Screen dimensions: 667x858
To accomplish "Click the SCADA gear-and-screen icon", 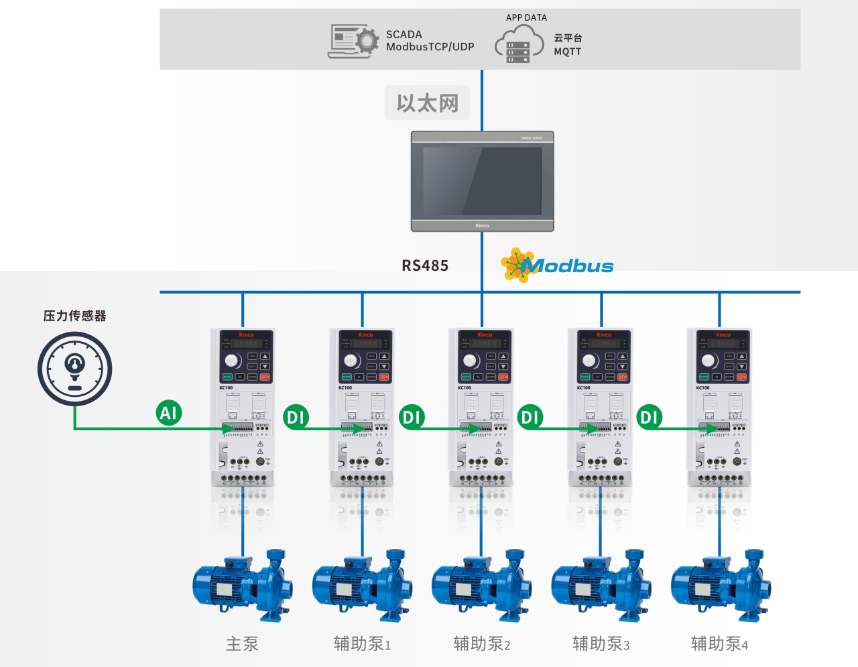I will pos(353,41).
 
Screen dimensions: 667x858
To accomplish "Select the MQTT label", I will pos(567,52).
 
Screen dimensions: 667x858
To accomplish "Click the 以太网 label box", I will pos(427,103).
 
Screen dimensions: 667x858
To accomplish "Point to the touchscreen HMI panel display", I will pos(483,181).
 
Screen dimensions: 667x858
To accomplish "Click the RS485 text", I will pos(425,265).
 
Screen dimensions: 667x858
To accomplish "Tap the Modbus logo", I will pos(558,265).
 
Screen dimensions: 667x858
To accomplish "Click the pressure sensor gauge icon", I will pos(74,369).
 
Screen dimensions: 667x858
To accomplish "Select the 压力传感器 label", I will pos(74,316).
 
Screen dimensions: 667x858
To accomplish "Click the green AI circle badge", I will pos(168,412).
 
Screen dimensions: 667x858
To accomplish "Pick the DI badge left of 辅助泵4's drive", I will pos(649,418).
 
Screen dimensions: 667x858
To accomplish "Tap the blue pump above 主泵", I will pos(243,585).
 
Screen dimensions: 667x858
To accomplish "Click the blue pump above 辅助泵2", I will pos(482,585).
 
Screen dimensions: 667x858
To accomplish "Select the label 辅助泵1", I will pos(362,644).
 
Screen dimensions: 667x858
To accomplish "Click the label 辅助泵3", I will pos(601,644).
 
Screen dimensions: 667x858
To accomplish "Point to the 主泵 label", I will pos(242,644).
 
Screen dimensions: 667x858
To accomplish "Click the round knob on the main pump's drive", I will pos(233,361).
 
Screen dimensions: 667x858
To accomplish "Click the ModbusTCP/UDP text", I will pos(430,47).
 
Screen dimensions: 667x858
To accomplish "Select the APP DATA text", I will pos(526,17).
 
